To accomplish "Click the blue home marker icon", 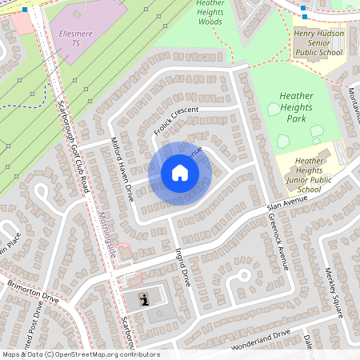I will coord(179,173).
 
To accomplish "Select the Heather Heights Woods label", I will coord(210,12).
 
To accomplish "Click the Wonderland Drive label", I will coord(259,342).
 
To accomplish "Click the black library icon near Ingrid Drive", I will coord(144,300).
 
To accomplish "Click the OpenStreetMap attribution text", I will coord(81,354).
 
